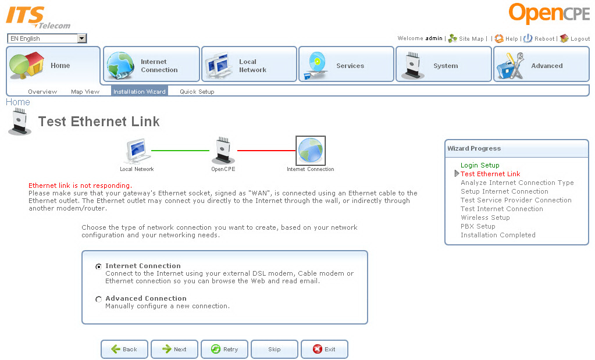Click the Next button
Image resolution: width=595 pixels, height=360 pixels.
[x=174, y=349]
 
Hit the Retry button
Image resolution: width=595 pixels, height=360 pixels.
[x=225, y=349]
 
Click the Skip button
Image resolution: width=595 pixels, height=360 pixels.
[x=275, y=349]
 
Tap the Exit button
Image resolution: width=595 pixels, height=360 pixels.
[x=325, y=349]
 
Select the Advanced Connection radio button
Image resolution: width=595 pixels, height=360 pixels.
[x=98, y=299]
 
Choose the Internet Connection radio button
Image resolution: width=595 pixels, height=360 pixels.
[x=98, y=266]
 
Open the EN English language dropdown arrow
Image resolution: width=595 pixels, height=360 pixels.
[x=82, y=38]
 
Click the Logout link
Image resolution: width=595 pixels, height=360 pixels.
[x=580, y=39]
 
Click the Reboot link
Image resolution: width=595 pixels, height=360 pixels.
[x=544, y=39]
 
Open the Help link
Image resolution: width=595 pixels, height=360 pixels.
[x=511, y=39]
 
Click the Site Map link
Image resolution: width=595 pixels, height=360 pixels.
[x=471, y=39]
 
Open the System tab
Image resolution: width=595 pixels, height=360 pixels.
[x=444, y=66]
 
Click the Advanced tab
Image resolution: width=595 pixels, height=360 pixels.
[x=541, y=66]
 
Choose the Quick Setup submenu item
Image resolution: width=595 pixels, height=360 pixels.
[x=197, y=92]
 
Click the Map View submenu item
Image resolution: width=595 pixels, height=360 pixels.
[x=85, y=92]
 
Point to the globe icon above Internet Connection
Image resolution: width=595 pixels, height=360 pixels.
[x=311, y=151]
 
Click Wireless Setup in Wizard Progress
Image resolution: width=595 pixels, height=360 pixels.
[x=485, y=218]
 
